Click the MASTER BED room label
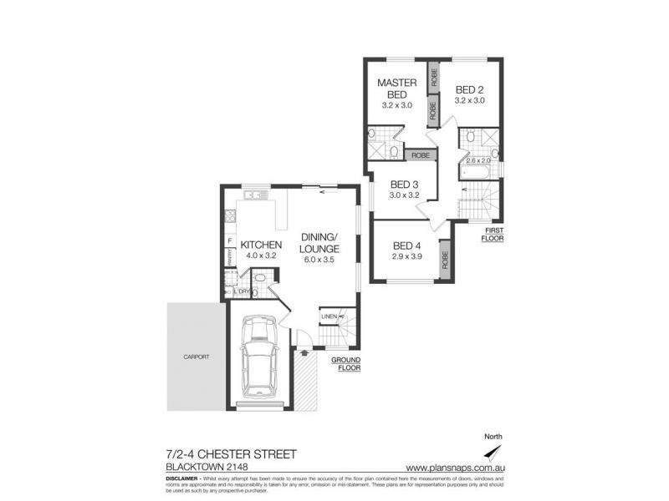pos(397,89)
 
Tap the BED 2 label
pos(469,89)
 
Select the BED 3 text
pos(405,185)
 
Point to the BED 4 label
pos(407,245)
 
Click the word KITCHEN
pos(261,245)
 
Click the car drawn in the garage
pos(260,361)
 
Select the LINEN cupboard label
pos(329,316)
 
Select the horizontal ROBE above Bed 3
pos(421,155)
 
